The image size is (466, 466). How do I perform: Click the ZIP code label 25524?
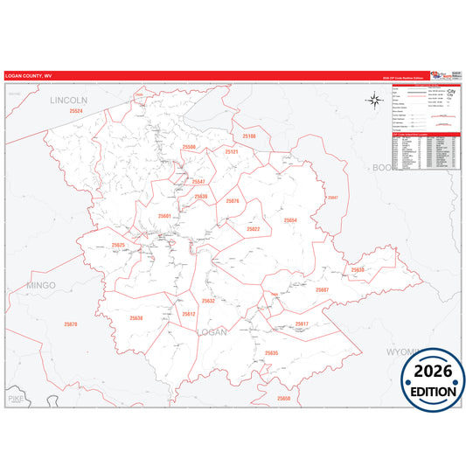(x=76, y=111)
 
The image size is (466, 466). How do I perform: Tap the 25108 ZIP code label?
(x=249, y=136)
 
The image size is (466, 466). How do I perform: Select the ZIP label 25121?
(x=231, y=151)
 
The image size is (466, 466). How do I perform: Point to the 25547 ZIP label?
(x=198, y=182)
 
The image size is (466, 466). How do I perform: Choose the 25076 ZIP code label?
(x=232, y=201)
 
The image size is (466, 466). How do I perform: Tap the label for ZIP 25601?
(x=165, y=215)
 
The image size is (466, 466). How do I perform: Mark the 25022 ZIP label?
(x=253, y=228)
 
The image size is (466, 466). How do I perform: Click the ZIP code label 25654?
(x=290, y=220)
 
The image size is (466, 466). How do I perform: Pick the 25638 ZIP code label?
(x=136, y=318)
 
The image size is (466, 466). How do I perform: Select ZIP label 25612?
(x=189, y=314)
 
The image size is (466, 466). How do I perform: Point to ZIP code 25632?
(x=208, y=301)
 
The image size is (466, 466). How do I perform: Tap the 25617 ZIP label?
(x=302, y=323)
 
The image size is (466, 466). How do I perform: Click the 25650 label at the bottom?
(x=283, y=399)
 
